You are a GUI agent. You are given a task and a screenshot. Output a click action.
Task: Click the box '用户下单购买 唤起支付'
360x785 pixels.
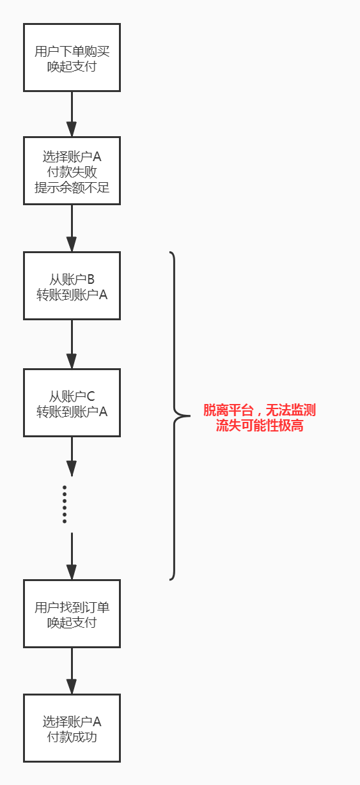pos(72,58)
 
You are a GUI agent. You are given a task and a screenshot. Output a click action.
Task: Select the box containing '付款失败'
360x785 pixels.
pos(72,171)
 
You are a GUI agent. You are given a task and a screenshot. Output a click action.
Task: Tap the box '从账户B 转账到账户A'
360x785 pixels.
pos(72,286)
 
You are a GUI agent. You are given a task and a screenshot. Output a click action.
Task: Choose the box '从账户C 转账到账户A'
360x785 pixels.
pos(72,403)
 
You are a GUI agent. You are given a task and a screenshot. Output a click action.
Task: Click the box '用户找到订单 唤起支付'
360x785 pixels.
pos(72,614)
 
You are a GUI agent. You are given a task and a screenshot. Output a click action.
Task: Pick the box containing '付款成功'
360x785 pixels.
pos(72,728)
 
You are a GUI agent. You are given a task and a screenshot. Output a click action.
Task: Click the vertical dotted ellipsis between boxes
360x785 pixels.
pos(65,504)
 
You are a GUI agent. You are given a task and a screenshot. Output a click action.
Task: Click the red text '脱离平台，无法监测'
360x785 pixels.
pos(260,410)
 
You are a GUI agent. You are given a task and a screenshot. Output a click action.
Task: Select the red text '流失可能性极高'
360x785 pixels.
pos(260,426)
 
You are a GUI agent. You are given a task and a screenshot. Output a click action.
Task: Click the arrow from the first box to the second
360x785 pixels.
pos(72,114)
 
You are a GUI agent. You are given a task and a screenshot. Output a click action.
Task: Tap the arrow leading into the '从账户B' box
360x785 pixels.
pos(72,228)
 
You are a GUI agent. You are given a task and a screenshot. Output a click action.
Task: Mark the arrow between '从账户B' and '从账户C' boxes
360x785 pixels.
pos(72,344)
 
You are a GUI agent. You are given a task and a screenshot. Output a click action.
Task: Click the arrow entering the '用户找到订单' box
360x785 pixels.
pos(72,556)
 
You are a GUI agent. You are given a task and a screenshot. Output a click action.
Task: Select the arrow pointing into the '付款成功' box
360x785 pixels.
pos(72,671)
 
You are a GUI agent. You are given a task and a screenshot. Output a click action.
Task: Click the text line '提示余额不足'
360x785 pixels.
pos(72,188)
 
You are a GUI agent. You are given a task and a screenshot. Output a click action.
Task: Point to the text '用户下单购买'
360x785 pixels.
pos(72,51)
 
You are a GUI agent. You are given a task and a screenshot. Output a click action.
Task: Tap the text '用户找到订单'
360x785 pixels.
pos(72,607)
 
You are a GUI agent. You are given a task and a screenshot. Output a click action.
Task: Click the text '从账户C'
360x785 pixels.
pos(72,396)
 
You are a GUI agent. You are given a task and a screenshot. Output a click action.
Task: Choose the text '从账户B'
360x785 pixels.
pos(72,279)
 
